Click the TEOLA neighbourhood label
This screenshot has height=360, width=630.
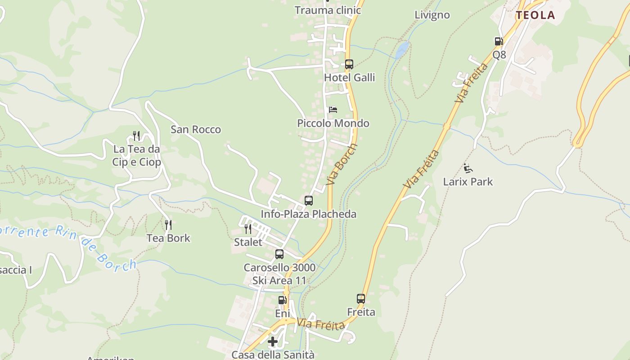(535, 15)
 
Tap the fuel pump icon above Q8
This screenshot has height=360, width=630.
(499, 41)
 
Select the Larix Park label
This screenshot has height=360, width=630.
(468, 182)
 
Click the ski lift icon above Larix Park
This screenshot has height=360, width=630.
(468, 169)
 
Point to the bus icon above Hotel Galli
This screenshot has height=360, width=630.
(349, 64)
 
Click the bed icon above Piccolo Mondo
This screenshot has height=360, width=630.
(333, 110)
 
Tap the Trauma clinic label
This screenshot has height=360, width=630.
(328, 10)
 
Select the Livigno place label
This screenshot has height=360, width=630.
(432, 15)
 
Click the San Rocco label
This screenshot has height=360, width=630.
(196, 130)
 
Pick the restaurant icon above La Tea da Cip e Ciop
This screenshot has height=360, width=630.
(136, 135)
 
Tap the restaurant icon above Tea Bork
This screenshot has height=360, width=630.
(168, 225)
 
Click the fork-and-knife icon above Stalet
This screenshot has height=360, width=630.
(248, 229)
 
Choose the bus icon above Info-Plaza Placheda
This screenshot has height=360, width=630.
(308, 201)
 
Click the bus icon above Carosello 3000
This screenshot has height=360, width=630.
(279, 254)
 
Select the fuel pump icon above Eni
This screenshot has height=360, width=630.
(282, 300)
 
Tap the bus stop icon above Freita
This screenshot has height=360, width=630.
(361, 298)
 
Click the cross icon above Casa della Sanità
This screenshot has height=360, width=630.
(273, 342)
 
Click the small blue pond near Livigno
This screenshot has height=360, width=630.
(402, 49)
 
